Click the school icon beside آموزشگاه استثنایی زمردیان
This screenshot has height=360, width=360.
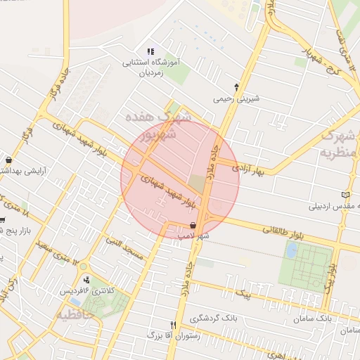tap(149, 51)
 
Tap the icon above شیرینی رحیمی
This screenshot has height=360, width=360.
tap(236, 87)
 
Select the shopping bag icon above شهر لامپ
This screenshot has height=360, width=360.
tap(193, 225)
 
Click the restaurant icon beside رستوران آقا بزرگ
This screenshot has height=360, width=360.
tap(173, 324)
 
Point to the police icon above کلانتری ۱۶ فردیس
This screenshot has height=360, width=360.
tap(86, 280)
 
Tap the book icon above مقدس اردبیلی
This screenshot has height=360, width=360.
tap(344, 195)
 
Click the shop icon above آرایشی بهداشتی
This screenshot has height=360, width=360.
tap(8, 160)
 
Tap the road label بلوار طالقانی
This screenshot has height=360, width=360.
tap(287, 231)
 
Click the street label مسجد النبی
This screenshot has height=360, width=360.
tap(124, 248)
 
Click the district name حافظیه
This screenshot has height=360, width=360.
tap(75, 314)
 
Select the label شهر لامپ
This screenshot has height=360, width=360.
tap(194, 236)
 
